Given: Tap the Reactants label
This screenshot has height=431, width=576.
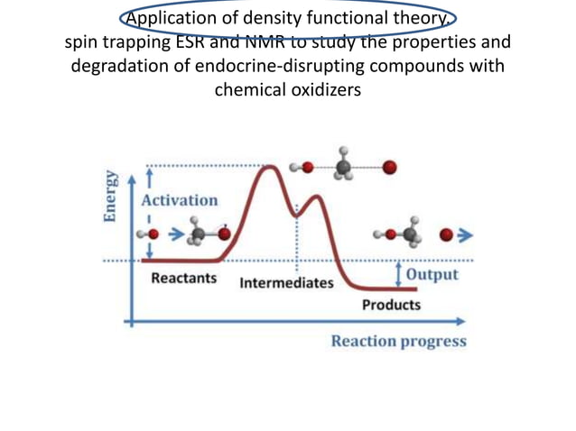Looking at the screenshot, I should (184, 278).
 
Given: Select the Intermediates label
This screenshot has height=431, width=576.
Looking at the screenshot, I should (286, 283).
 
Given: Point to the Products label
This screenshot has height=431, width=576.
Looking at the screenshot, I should (391, 305).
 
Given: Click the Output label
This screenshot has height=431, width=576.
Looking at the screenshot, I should (432, 274).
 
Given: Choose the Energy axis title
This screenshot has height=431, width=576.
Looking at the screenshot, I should (110, 196).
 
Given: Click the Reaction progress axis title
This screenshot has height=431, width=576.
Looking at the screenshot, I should (398, 341).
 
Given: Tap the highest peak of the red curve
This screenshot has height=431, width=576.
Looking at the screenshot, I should (269, 167).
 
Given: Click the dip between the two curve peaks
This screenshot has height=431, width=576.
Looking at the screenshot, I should (296, 214).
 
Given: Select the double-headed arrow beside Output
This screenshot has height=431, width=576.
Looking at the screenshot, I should (398, 273).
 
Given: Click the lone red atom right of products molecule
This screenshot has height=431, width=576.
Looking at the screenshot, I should (445, 235).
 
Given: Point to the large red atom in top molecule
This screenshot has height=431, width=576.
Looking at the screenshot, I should (389, 168).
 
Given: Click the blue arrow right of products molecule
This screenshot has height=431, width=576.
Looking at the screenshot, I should (465, 235).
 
